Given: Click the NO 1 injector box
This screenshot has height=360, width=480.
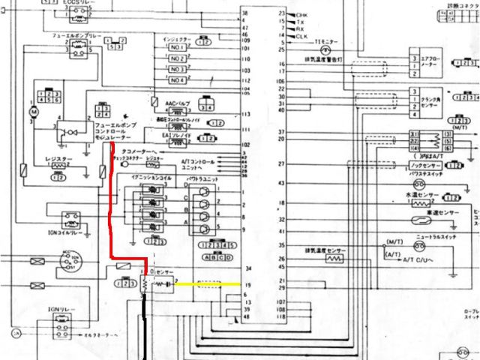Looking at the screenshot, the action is (x=177, y=46).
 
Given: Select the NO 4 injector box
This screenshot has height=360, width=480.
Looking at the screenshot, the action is (x=177, y=79).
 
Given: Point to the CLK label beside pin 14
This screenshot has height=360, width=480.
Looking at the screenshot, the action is (x=302, y=36).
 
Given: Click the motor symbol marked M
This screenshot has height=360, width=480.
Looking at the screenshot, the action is (x=32, y=112).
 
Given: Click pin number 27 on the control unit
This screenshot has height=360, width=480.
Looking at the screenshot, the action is (x=281, y=163).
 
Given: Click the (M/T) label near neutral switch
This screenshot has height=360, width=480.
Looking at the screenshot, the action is (x=394, y=242).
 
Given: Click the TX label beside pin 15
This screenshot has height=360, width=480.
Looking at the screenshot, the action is (x=301, y=22).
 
